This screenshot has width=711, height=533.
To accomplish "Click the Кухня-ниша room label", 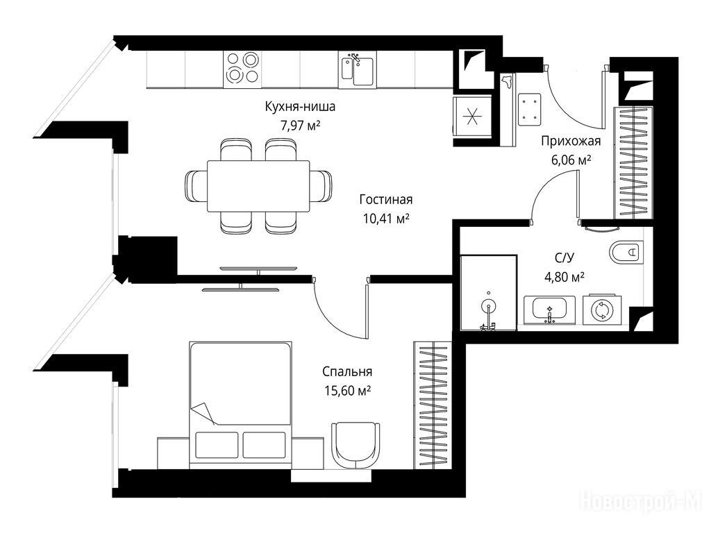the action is click(300, 107).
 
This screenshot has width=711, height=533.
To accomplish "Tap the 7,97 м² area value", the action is click(300, 126).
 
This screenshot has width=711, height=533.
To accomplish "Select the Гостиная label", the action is click(386, 200).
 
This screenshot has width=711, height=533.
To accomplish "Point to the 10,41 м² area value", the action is click(386, 219).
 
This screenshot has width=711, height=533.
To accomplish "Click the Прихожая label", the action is click(571, 141).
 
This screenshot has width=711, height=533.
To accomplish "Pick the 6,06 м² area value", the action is click(571, 160).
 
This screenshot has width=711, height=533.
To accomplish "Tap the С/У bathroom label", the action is click(564, 258).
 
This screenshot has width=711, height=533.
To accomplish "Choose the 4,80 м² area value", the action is click(564, 277).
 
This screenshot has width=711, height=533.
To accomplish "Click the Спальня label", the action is click(347, 372).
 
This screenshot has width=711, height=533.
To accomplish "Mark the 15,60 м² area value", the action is click(347, 391).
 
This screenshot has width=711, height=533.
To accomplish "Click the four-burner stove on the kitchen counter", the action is click(242, 68).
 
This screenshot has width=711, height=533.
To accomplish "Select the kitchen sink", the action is click(357, 69).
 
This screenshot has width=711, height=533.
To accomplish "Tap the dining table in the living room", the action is click(258, 186).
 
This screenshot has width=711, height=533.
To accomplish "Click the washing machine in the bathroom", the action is click(602, 310).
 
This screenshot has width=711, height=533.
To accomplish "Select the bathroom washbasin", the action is click(550, 310).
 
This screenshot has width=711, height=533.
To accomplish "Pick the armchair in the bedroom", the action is click(356, 445).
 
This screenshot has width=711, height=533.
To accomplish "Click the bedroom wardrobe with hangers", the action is click(433, 405).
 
